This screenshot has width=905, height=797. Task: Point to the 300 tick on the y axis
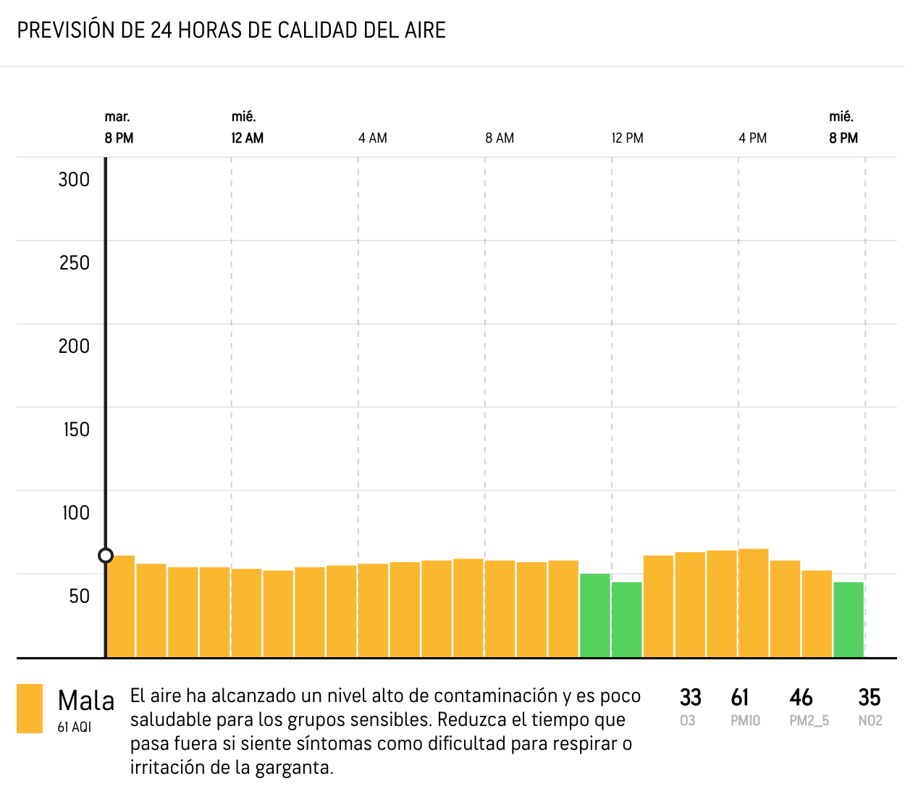74,180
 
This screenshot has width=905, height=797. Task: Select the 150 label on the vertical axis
76,430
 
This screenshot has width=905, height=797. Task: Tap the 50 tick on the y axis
79,596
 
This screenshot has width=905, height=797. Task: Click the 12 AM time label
247,138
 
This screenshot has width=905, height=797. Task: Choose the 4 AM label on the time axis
372,138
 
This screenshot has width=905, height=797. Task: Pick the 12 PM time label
627,138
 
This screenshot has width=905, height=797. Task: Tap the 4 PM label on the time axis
752,138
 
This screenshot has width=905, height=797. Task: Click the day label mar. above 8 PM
117,117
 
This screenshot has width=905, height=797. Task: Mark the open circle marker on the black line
106,556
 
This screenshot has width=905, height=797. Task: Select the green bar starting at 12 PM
627,619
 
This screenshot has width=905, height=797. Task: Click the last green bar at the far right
849,619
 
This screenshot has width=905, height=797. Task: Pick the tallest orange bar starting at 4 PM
754,603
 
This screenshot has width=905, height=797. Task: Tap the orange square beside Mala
30,709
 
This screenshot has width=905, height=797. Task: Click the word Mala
86,701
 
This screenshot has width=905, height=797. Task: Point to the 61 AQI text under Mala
75,727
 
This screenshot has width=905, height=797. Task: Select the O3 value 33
690,698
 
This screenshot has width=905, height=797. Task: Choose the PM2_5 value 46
801,698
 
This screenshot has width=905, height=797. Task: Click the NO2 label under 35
870,721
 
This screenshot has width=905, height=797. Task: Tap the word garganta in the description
295,768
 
